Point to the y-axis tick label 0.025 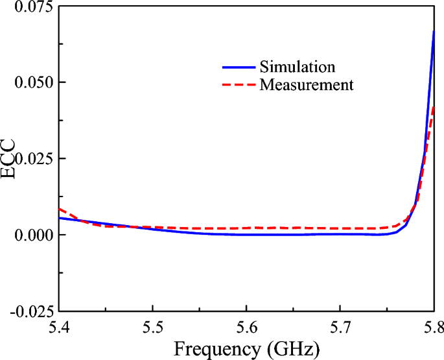31,159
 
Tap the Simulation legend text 297,67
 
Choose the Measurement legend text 307,84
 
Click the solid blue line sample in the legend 237,67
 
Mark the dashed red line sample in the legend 237,84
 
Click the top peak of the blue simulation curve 434,31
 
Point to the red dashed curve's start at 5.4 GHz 59,209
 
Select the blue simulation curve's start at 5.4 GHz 59,218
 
